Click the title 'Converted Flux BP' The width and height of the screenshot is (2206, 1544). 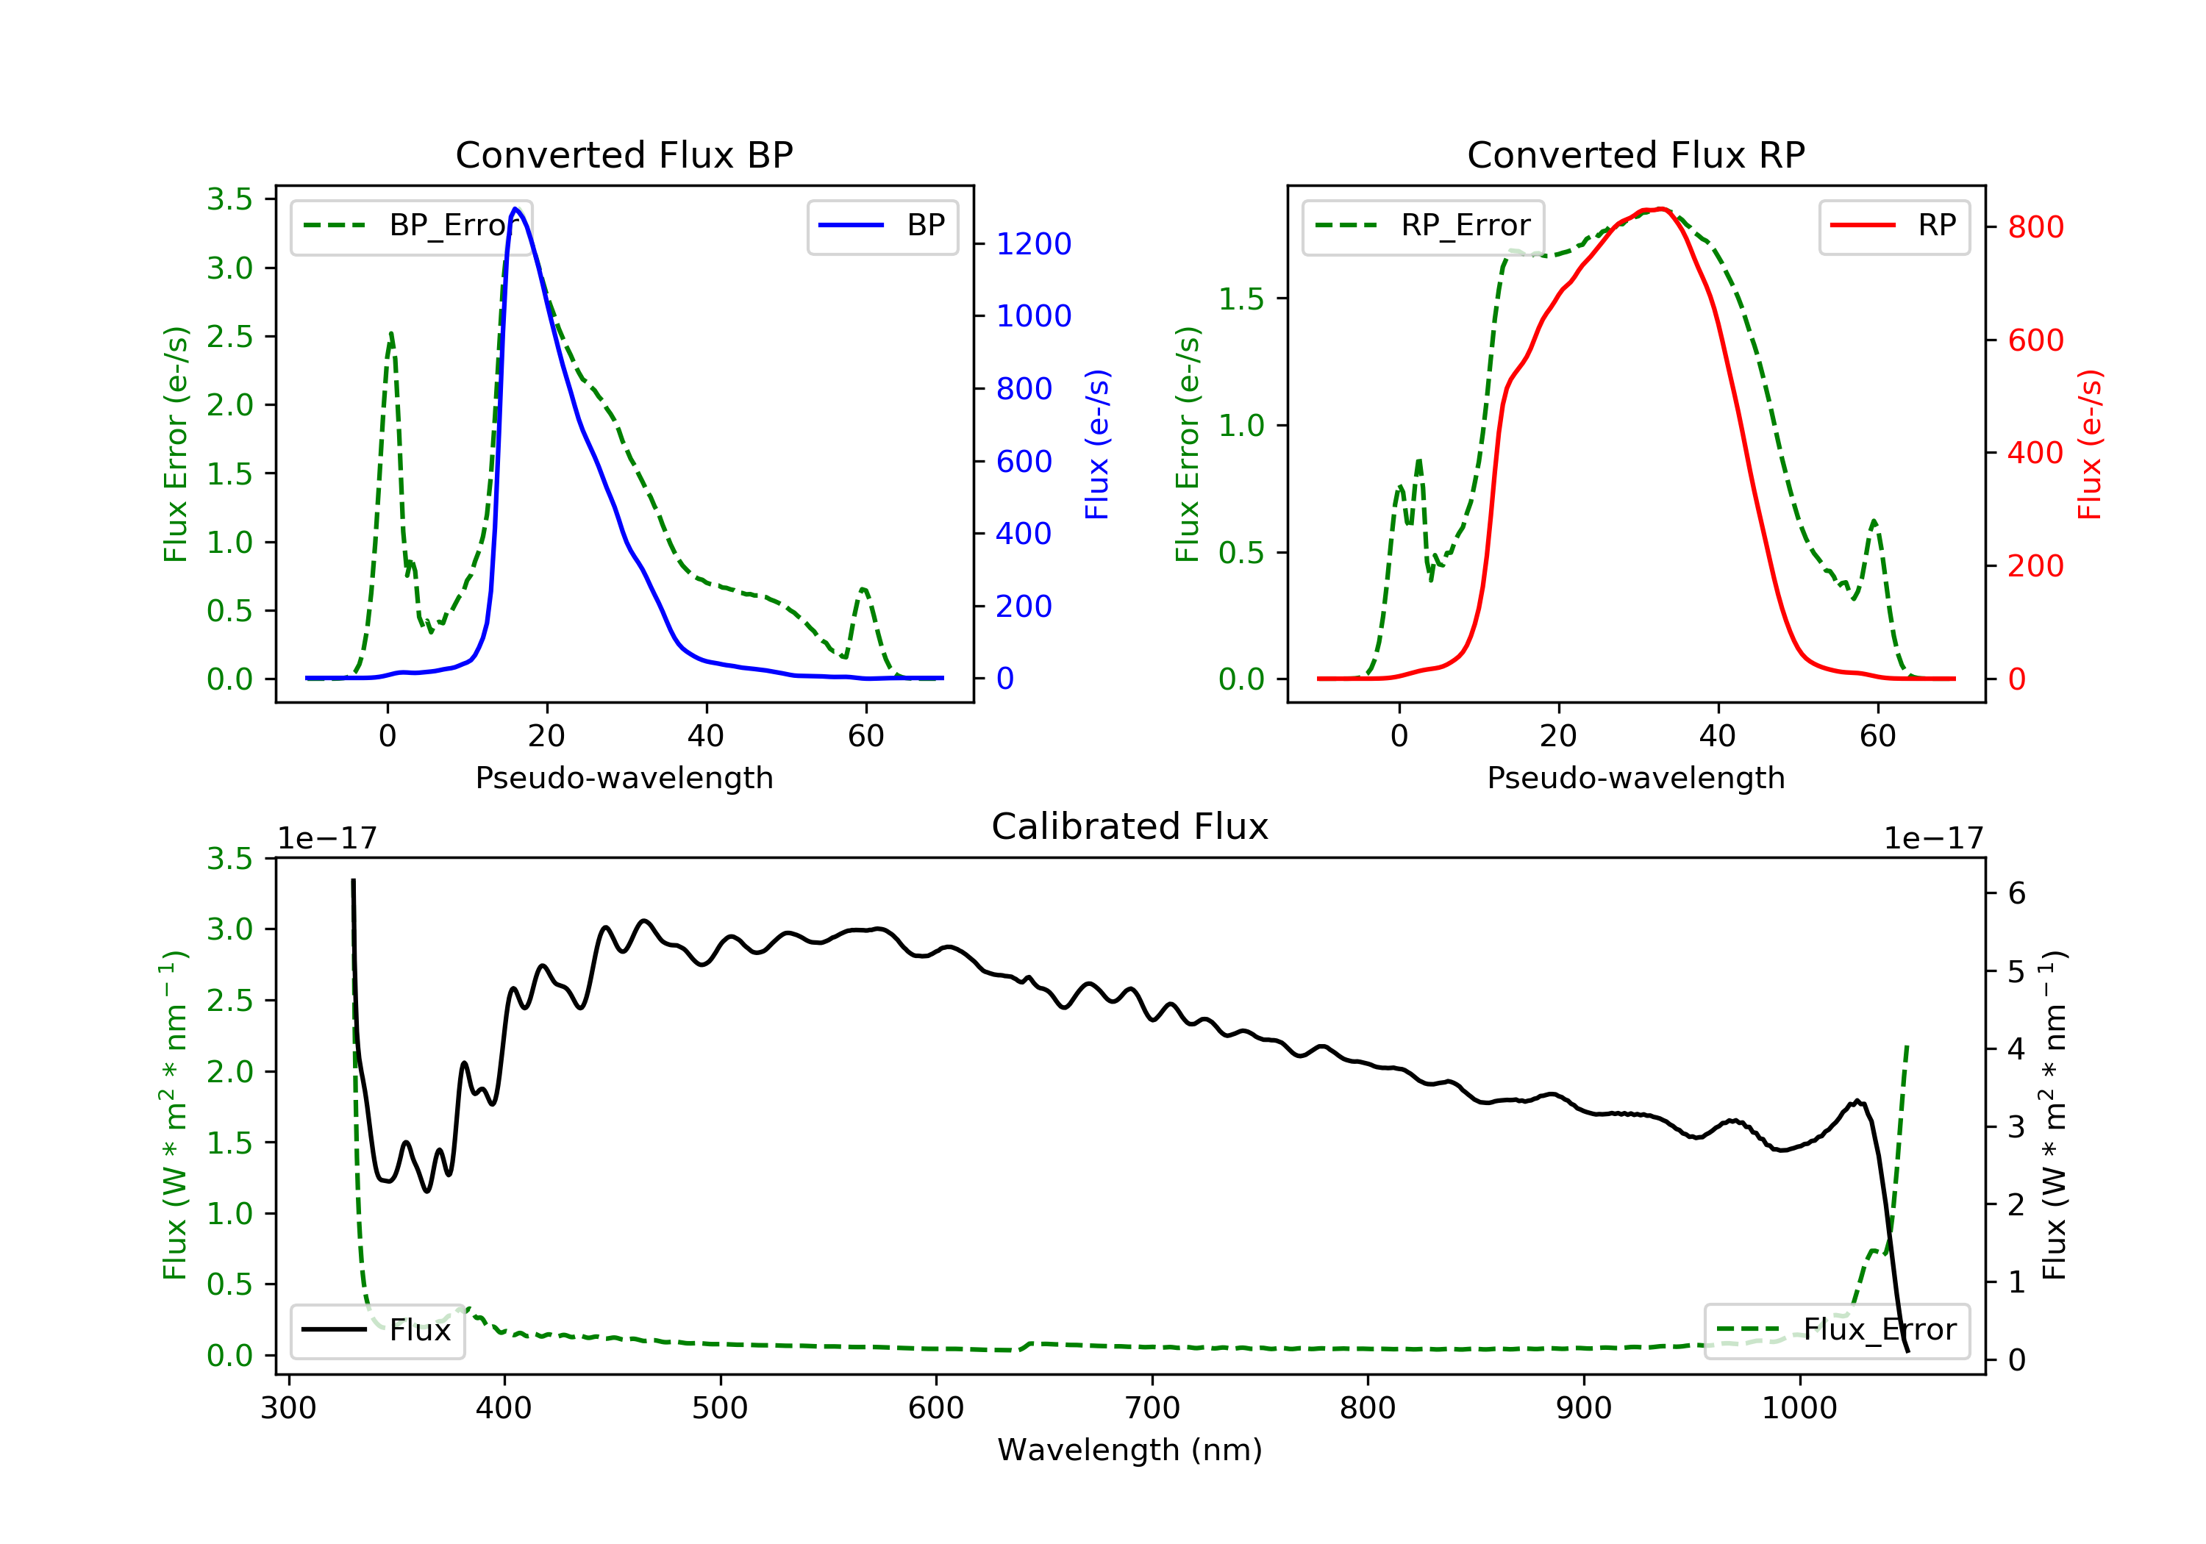(624, 154)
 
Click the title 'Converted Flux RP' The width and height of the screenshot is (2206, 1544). (1636, 154)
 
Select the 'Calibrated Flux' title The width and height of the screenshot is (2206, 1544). (1130, 826)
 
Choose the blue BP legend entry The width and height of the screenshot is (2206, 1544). (882, 226)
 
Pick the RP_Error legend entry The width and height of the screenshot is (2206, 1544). (1423, 226)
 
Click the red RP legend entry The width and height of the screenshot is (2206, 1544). (1893, 226)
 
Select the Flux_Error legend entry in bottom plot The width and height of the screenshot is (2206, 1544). (1836, 1330)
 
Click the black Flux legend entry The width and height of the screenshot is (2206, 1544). (376, 1330)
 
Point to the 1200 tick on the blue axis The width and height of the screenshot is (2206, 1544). (1034, 244)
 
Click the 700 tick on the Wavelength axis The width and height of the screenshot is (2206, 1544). (1152, 1409)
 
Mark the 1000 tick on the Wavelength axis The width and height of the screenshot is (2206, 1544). (1799, 1409)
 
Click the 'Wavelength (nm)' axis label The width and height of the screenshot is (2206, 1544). (1130, 1450)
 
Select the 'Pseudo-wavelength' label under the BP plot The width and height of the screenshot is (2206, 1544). (624, 777)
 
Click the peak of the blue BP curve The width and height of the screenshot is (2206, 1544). (516, 209)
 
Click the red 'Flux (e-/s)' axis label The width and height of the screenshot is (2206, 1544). (2089, 445)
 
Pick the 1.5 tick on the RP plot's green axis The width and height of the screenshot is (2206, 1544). (1241, 299)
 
